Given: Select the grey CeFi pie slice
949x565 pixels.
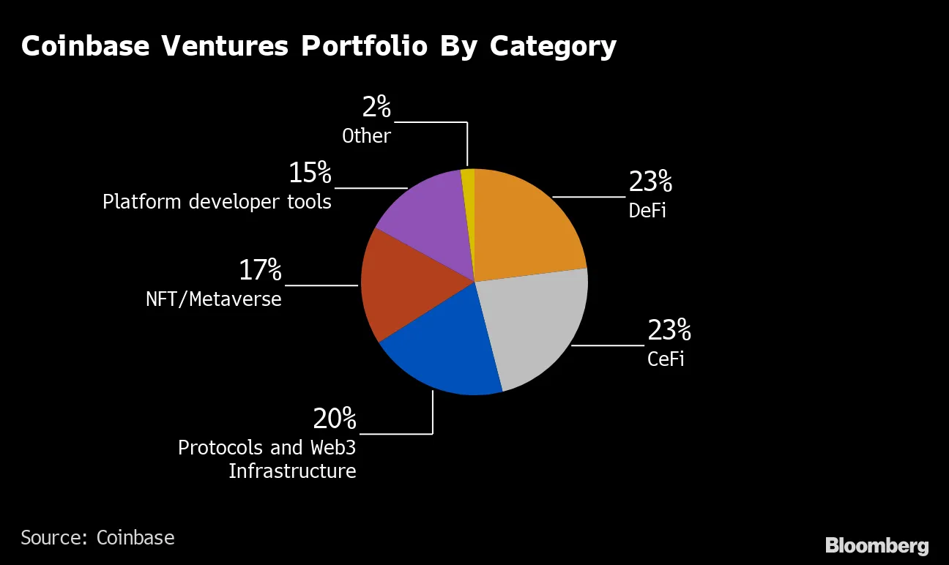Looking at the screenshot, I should [x=538, y=326].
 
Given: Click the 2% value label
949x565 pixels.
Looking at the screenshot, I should [x=376, y=108].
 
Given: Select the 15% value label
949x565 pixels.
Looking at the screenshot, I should [x=310, y=173].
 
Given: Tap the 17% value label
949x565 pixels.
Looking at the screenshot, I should [x=260, y=271].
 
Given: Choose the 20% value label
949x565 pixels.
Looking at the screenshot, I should [x=334, y=419].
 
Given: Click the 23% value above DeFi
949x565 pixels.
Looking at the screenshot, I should [x=650, y=182].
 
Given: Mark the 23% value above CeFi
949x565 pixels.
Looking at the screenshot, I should [x=669, y=331].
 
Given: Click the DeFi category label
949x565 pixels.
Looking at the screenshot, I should [x=647, y=211].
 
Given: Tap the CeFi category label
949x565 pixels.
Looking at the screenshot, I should [x=666, y=359].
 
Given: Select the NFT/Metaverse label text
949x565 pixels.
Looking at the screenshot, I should [x=213, y=299].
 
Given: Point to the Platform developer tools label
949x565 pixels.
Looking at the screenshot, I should [x=217, y=201].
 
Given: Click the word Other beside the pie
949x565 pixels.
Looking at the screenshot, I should [x=366, y=136].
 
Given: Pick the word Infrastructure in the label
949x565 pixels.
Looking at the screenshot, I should [x=292, y=471].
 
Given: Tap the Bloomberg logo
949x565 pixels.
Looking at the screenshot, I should [x=877, y=545].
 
